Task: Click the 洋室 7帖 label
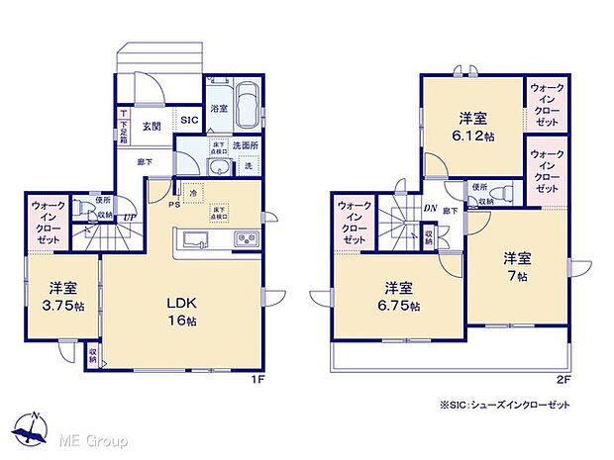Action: pos(517,266)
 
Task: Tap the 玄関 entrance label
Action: pos(151,126)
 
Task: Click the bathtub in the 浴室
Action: pos(245,103)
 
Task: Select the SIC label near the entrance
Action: pos(189,120)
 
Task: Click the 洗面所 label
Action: pos(246,144)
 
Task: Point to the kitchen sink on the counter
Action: pos(192,240)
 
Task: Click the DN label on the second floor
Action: pos(431,208)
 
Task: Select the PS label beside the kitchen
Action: pos(174,205)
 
